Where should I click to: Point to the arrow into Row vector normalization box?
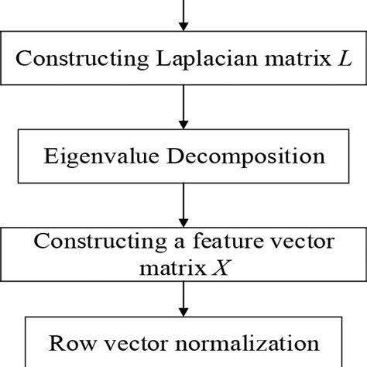coord(183,298)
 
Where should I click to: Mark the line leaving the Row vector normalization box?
coord(183,364)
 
